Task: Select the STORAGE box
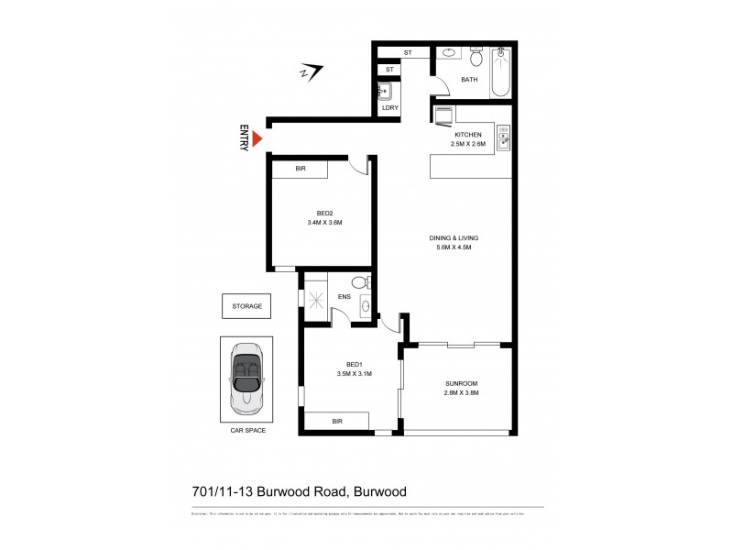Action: point(246,305)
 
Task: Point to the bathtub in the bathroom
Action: point(500,72)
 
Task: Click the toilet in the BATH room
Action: point(475,60)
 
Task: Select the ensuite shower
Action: point(316,297)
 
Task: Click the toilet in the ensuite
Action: point(366,283)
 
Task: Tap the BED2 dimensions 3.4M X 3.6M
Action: point(325,222)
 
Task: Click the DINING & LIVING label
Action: point(454,237)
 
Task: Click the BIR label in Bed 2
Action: point(300,170)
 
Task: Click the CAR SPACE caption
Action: point(246,429)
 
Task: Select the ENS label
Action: point(345,296)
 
